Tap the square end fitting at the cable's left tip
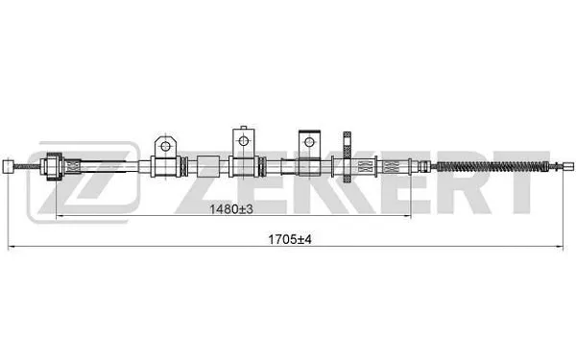click(x=9, y=166)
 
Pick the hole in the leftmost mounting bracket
click(x=165, y=145)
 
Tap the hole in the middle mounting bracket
click(x=240, y=138)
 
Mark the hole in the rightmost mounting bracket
click(x=309, y=140)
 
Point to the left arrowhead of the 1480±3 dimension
click(x=60, y=216)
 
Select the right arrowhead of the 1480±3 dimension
click(x=411, y=216)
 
